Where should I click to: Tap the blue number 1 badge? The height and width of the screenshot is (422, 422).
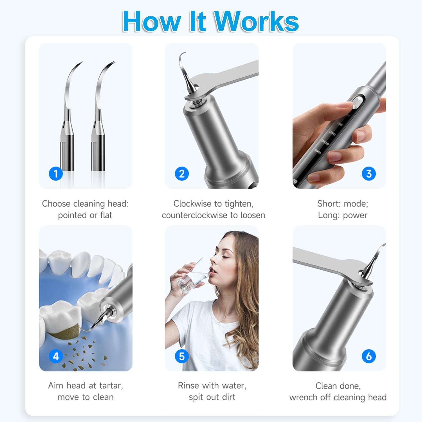pos(56,174)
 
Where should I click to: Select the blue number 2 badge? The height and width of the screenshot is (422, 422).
pos(182,174)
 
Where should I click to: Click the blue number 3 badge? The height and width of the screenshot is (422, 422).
pos(369,174)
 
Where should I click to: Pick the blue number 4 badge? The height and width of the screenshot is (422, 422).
pos(56,356)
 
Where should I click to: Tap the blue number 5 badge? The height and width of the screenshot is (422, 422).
pos(182,356)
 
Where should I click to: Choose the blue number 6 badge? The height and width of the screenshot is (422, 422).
pos(369,356)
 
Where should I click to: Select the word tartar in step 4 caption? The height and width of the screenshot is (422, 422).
pos(110,386)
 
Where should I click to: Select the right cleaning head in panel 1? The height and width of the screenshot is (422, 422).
pos(100,118)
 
